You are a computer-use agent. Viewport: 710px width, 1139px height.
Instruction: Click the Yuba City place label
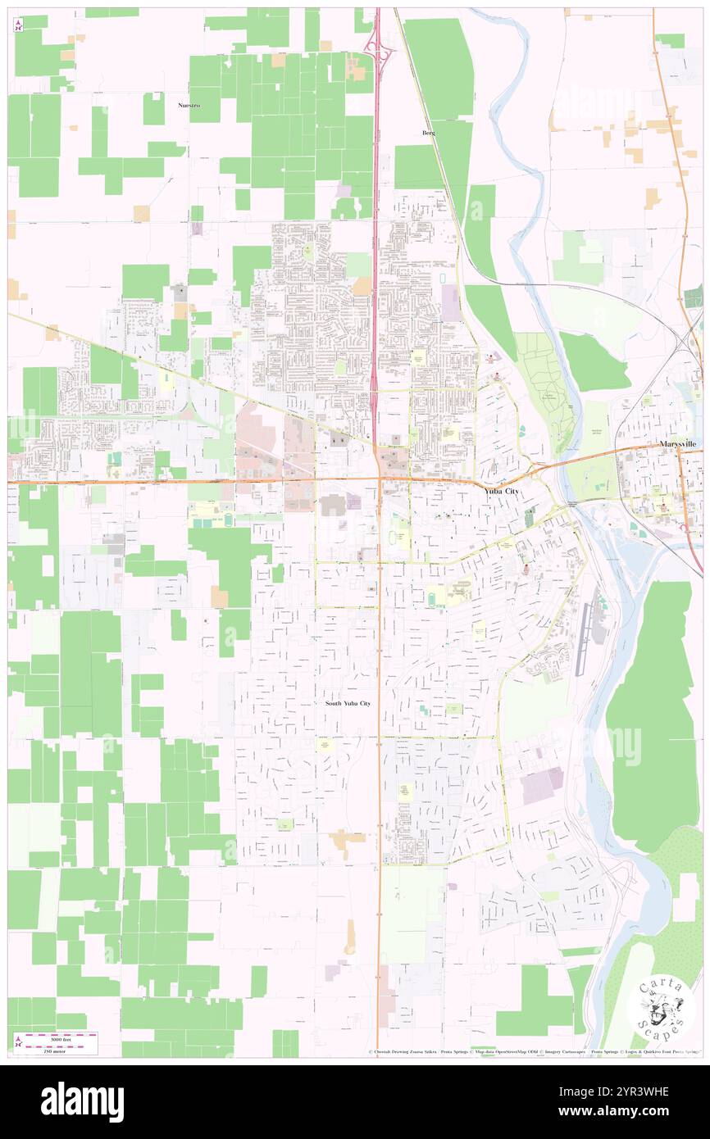pos(502,490)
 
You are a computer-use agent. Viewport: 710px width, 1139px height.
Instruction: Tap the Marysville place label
pos(678,443)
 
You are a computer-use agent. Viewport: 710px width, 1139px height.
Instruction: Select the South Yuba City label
pos(348,703)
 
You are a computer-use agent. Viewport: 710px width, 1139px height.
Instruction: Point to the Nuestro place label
pos(189,106)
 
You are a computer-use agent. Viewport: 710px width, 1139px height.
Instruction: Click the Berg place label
pos(428,133)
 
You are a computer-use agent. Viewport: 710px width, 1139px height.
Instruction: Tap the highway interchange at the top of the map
pos(379,49)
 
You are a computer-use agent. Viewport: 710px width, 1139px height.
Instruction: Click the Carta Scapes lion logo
pos(660,1005)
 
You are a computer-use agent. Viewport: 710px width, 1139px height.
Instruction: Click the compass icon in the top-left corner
pos(18,25)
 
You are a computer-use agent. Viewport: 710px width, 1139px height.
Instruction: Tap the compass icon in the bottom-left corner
pos(17,1041)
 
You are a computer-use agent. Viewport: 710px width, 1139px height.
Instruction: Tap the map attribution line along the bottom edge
pos(533,1051)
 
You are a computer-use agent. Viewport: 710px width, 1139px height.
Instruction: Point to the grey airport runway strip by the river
pos(582,639)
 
